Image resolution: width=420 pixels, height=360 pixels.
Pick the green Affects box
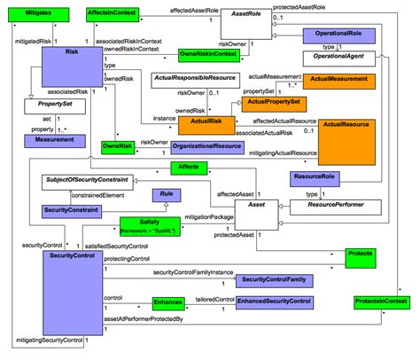pyautogui.click(x=188, y=167)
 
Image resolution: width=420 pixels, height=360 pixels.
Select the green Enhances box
pyautogui.click(x=167, y=302)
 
